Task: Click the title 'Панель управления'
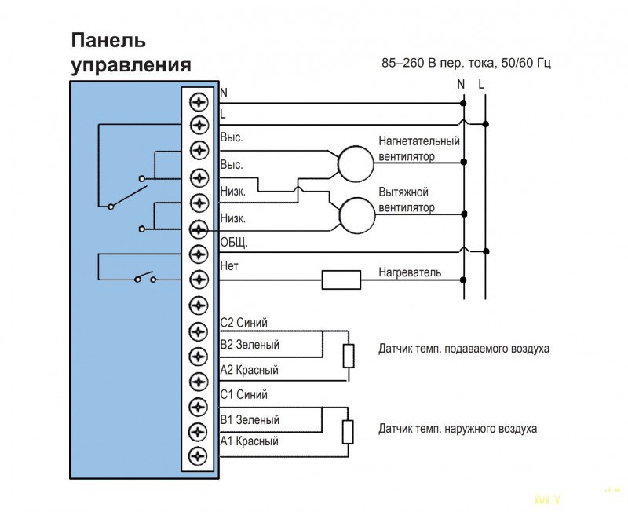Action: click(x=130, y=52)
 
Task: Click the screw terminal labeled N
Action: click(x=199, y=101)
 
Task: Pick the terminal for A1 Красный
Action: click(x=199, y=454)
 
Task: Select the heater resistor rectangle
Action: click(x=341, y=280)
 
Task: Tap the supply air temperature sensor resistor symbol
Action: click(x=348, y=356)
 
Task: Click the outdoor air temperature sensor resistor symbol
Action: click(x=348, y=432)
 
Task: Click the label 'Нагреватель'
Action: click(x=410, y=273)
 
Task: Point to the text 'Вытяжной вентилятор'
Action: click(x=407, y=200)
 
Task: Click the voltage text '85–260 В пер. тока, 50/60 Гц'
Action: click(x=462, y=62)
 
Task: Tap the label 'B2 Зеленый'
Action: click(x=250, y=345)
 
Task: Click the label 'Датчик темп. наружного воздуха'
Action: click(x=458, y=430)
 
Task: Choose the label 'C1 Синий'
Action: click(x=243, y=395)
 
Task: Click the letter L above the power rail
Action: click(x=481, y=83)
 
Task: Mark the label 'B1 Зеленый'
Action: click(x=250, y=420)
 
